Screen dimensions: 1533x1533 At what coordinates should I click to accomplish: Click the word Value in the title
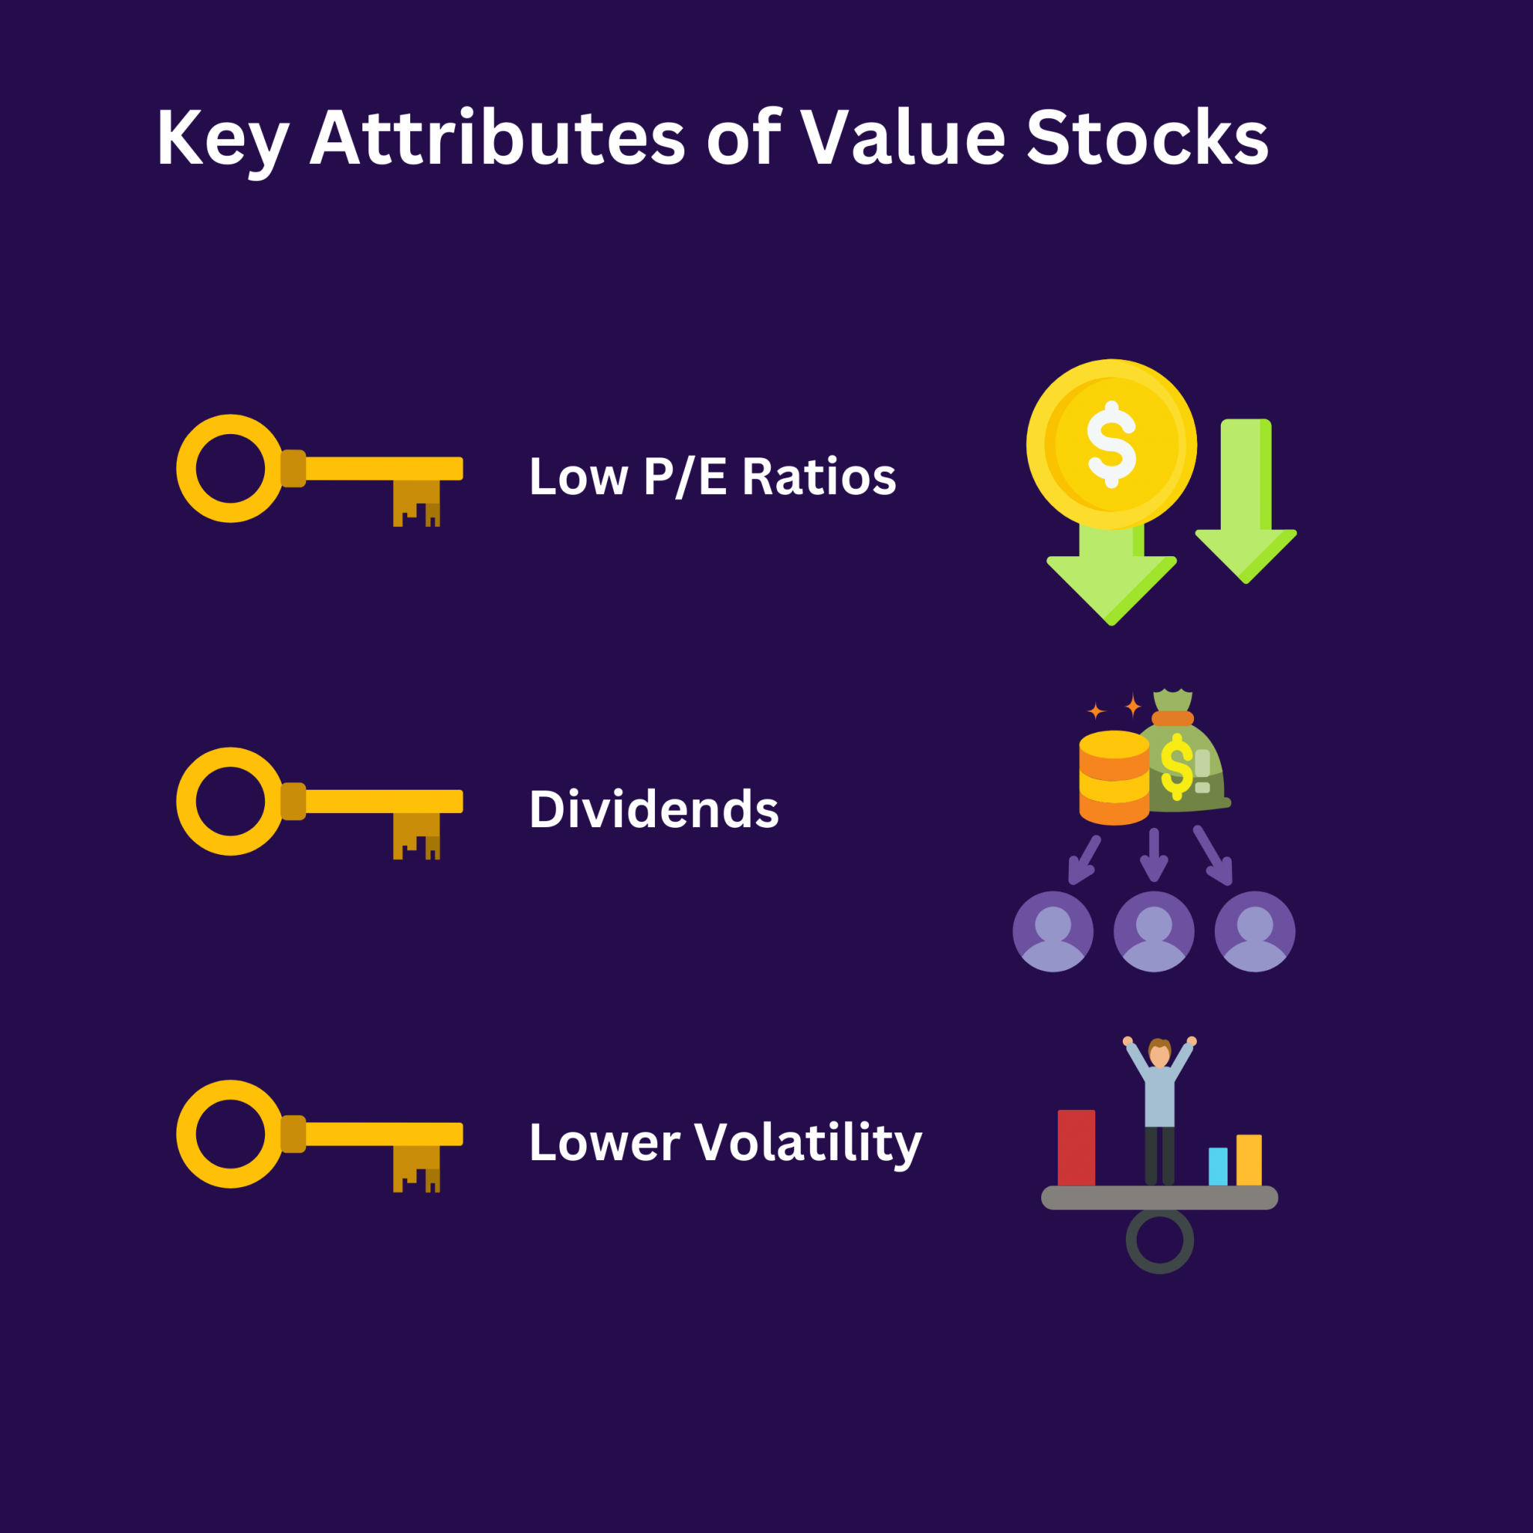coord(903,137)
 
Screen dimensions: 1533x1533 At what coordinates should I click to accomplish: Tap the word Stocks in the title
coord(1147,137)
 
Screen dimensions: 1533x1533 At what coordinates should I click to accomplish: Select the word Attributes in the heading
coord(497,137)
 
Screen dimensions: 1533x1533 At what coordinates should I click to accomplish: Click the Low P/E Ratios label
coord(712,477)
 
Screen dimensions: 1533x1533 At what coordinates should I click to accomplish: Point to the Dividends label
coord(653,809)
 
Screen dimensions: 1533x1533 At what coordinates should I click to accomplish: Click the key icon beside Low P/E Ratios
coord(317,470)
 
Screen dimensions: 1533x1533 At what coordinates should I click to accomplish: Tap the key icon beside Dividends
coord(317,802)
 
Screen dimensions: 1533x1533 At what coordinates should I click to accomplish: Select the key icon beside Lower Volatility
coord(317,1135)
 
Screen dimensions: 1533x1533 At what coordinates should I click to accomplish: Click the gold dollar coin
coord(1111,445)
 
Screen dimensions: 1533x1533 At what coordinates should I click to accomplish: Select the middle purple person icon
coord(1153,931)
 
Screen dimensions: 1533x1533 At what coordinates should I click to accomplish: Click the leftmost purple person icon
coord(1053,931)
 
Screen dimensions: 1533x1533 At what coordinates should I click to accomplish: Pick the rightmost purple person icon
coord(1255,931)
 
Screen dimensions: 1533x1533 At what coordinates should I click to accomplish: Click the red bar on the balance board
coord(1076,1148)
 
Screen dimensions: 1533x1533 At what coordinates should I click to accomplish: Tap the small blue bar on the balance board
coord(1217,1165)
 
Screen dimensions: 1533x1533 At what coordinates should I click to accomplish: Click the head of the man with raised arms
coord(1159,1054)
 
